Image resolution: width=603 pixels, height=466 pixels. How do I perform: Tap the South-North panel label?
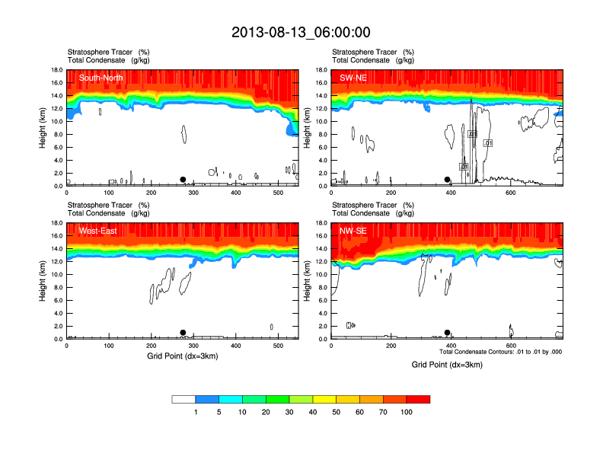(x=101, y=77)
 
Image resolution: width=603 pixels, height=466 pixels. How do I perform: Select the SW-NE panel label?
(x=353, y=77)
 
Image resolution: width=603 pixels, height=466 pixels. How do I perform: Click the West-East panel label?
(x=97, y=230)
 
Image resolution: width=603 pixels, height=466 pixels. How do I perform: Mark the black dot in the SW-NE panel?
(x=448, y=180)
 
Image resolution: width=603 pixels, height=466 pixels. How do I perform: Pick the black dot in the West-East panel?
(x=183, y=333)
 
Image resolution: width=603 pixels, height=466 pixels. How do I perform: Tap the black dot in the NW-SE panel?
(x=448, y=333)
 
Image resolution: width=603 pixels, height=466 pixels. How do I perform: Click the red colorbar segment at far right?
(x=418, y=398)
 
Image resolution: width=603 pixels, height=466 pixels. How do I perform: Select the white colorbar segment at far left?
(x=183, y=398)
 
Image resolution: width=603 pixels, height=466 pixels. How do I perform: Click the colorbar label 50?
(x=337, y=412)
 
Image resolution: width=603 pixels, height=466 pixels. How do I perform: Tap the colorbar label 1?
(x=196, y=412)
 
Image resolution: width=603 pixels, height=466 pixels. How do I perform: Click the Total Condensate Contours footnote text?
(x=500, y=352)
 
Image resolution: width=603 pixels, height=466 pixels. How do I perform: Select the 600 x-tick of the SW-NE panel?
(x=510, y=192)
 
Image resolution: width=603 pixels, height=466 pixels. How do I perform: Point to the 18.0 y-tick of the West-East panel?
(x=56, y=223)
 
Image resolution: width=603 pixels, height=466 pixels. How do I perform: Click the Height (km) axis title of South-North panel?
(x=43, y=128)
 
